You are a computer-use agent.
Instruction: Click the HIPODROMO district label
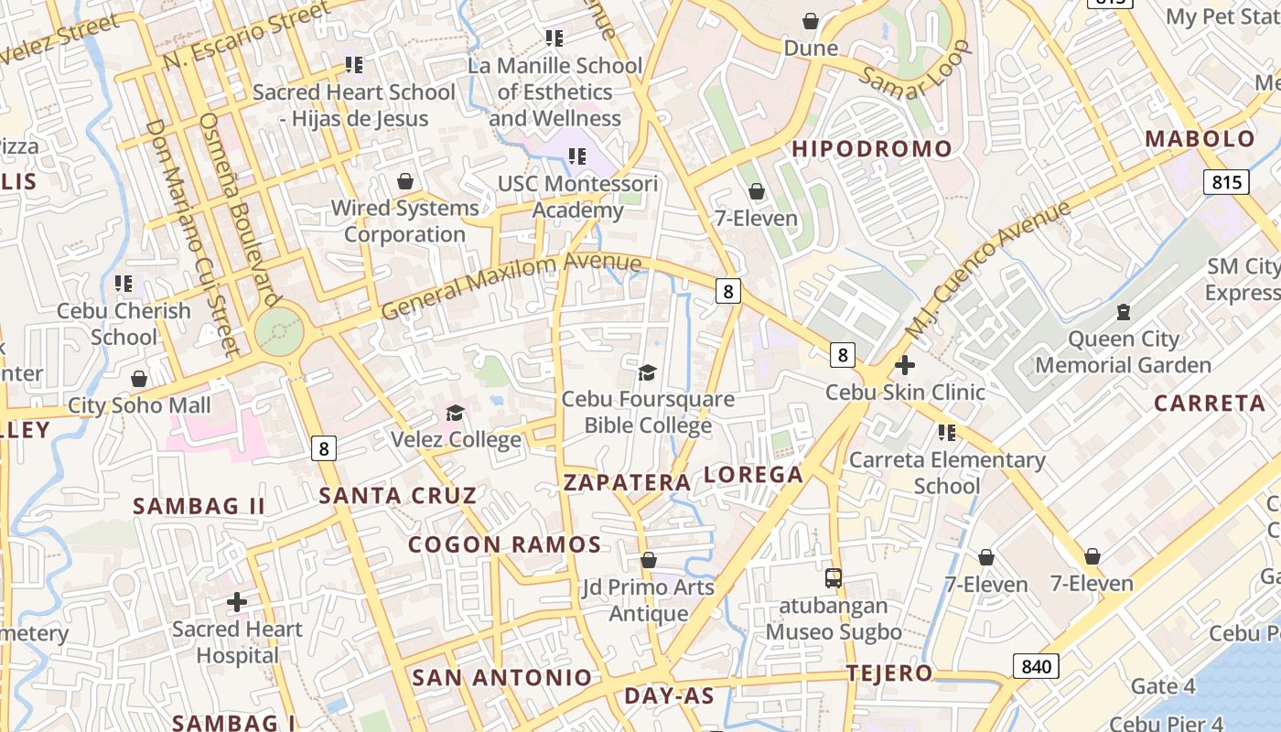click(x=871, y=148)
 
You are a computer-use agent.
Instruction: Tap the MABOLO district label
click(x=1200, y=139)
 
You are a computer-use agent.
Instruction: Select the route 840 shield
click(x=1036, y=666)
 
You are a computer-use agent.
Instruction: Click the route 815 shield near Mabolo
click(x=1226, y=181)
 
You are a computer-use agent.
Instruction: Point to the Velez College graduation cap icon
click(x=455, y=413)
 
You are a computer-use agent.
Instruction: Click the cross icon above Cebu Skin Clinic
click(x=905, y=365)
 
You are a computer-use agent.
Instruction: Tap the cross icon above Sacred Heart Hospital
click(x=237, y=602)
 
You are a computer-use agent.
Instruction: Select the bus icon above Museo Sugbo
click(x=833, y=577)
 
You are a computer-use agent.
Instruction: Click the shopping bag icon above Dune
click(x=811, y=21)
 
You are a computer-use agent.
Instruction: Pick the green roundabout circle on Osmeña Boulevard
click(x=279, y=330)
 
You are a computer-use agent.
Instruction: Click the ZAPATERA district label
click(x=627, y=482)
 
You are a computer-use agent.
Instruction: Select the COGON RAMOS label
click(x=504, y=544)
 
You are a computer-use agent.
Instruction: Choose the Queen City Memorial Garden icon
click(x=1123, y=312)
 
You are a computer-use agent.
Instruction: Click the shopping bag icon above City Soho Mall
click(x=139, y=379)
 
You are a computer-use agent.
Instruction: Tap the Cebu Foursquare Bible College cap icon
click(x=648, y=372)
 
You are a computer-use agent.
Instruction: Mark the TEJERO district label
click(x=889, y=673)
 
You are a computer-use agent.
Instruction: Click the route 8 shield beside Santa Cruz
click(x=323, y=448)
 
